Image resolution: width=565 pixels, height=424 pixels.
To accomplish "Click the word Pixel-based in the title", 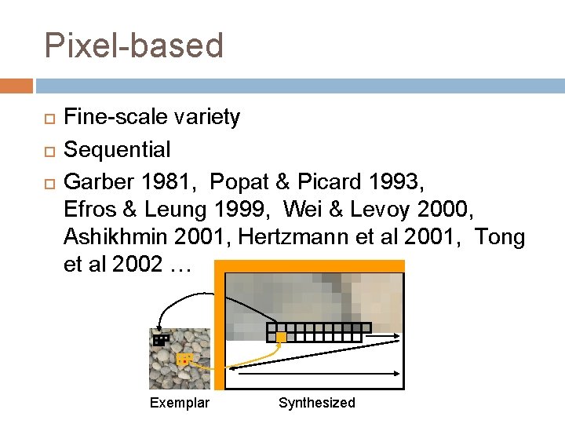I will (134, 45).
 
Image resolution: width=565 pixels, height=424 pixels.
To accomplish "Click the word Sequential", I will (117, 149).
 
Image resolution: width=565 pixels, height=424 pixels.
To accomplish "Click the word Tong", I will (501, 236).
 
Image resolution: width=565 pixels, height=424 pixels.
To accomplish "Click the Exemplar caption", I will (180, 403).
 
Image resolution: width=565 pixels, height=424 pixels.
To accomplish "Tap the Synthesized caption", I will (316, 403).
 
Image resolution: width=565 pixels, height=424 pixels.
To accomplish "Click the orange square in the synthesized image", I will (280, 338).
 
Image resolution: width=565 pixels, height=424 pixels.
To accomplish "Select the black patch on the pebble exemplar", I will (161, 340).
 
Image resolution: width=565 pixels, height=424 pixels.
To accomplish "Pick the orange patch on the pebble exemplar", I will (184, 360).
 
